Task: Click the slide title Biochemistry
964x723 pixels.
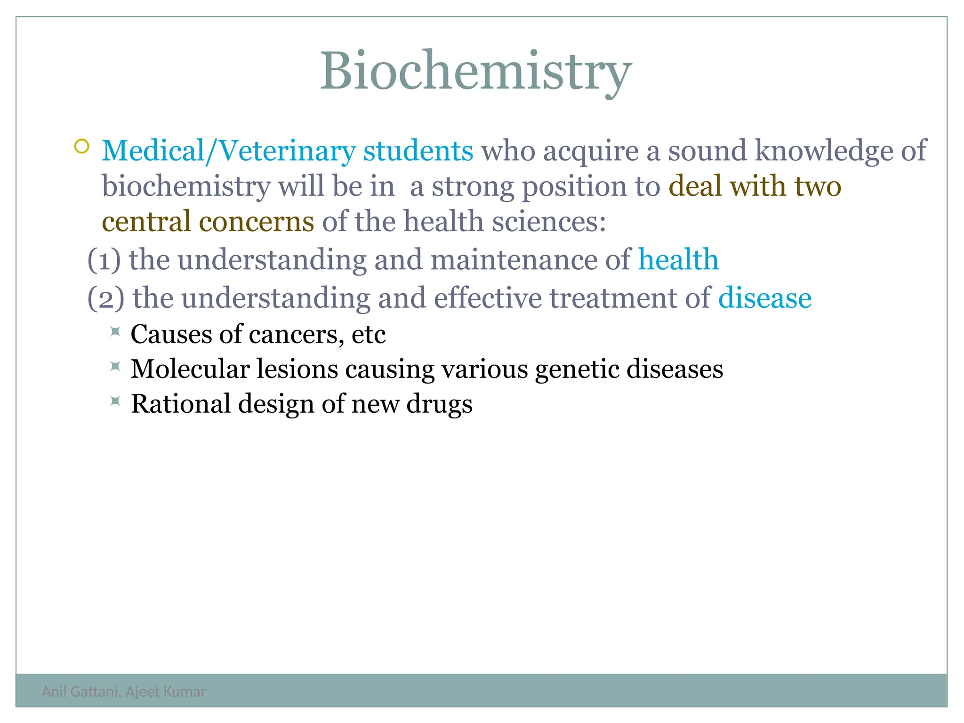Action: pos(475,72)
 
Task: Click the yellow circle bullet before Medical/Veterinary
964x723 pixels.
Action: pos(81,146)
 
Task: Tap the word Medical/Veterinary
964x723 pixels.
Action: pos(229,152)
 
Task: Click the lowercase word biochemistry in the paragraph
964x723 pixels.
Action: pos(186,187)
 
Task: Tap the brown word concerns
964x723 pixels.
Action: pos(256,222)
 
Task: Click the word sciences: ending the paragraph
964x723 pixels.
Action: pos(549,222)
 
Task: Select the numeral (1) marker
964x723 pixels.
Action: pos(104,260)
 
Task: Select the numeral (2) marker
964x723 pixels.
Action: pos(106,298)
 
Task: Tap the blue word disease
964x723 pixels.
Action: pos(764,298)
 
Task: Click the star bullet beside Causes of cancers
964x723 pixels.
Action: pos(115,332)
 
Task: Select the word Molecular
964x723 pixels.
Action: pos(190,369)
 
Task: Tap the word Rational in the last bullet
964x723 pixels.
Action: pos(180,404)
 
